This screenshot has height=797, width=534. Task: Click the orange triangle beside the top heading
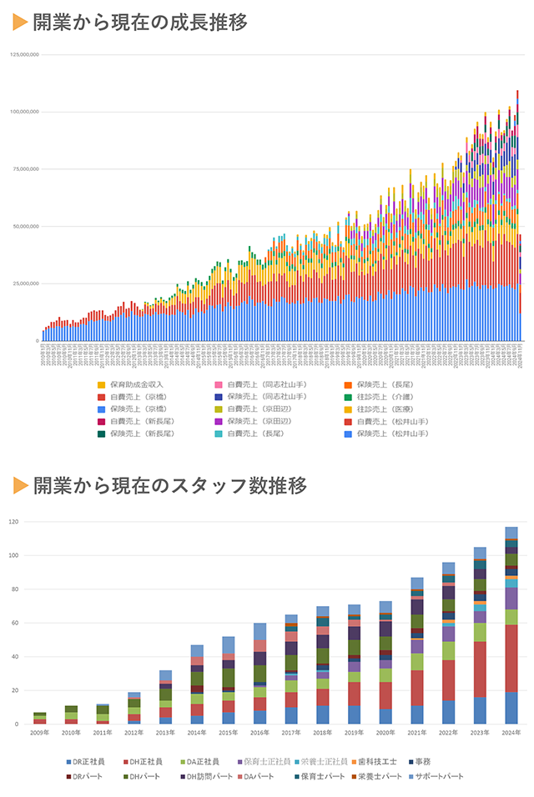[x=20, y=23]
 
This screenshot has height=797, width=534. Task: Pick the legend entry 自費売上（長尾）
[x=258, y=434]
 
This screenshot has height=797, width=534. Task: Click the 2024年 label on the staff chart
[x=511, y=732]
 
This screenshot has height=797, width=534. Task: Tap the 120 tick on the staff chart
[x=13, y=522]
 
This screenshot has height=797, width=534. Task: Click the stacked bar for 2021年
[x=417, y=650]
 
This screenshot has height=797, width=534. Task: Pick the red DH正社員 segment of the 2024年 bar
[x=511, y=658]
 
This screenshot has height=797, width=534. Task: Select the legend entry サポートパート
[x=439, y=776]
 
